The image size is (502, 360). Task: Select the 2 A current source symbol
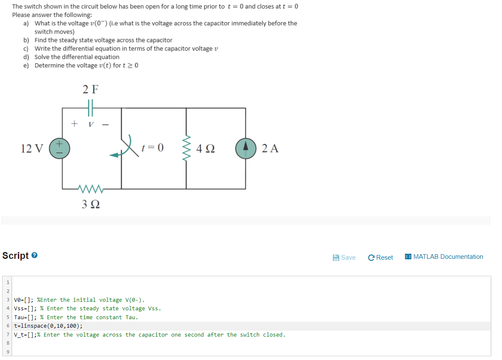point(246,148)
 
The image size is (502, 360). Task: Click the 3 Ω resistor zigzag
point(90,188)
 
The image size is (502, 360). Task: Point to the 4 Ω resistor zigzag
point(186,148)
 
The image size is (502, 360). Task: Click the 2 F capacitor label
point(90,89)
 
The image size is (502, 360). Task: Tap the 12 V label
point(32,148)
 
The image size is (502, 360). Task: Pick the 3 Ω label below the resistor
point(90,204)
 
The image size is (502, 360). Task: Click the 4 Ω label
point(206,149)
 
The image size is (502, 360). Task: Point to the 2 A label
point(271,148)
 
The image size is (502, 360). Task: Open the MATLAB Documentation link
point(444,257)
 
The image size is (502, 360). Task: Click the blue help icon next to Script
point(35,256)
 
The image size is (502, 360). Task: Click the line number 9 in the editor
point(7,352)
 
